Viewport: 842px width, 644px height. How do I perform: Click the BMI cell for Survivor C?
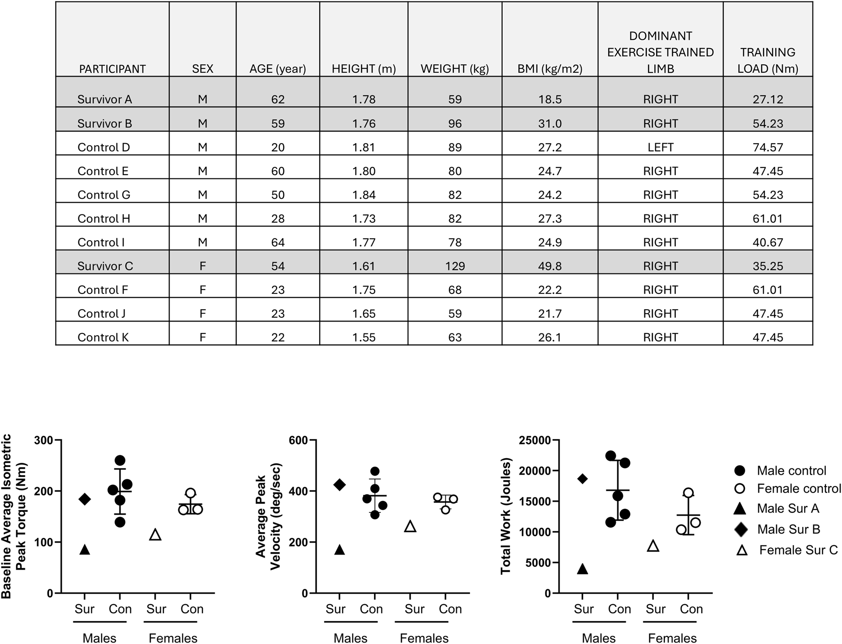(550, 266)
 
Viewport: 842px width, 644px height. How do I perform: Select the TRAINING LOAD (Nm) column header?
(767, 60)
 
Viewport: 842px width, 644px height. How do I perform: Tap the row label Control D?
(104, 147)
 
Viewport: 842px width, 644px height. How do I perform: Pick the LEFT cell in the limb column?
(660, 147)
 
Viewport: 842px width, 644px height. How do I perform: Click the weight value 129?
(455, 266)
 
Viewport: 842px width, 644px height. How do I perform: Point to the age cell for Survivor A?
(277, 99)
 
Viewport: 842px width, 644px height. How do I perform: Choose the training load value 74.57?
(767, 147)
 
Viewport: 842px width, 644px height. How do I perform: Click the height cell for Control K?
(364, 337)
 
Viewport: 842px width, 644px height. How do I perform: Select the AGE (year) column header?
(277, 69)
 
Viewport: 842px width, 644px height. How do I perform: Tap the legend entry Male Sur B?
(788, 529)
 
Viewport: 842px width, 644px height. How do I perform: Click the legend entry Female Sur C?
(798, 550)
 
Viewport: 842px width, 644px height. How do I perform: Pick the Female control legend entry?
(798, 488)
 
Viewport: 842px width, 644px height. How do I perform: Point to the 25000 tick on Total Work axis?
(534, 440)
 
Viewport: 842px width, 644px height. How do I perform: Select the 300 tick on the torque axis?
(44, 440)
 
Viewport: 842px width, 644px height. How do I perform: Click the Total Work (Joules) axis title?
(506, 516)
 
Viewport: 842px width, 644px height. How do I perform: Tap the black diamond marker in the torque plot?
(85, 499)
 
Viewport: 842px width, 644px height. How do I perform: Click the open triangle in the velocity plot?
(410, 526)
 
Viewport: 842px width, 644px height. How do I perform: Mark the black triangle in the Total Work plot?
(582, 569)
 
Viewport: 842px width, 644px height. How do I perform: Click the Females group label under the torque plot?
(173, 638)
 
